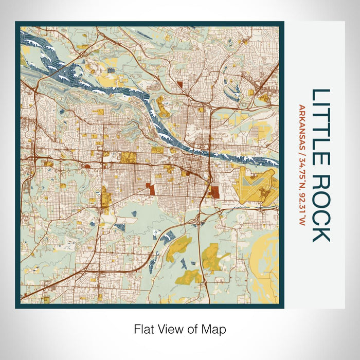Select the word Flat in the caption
click(x=143, y=328)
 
